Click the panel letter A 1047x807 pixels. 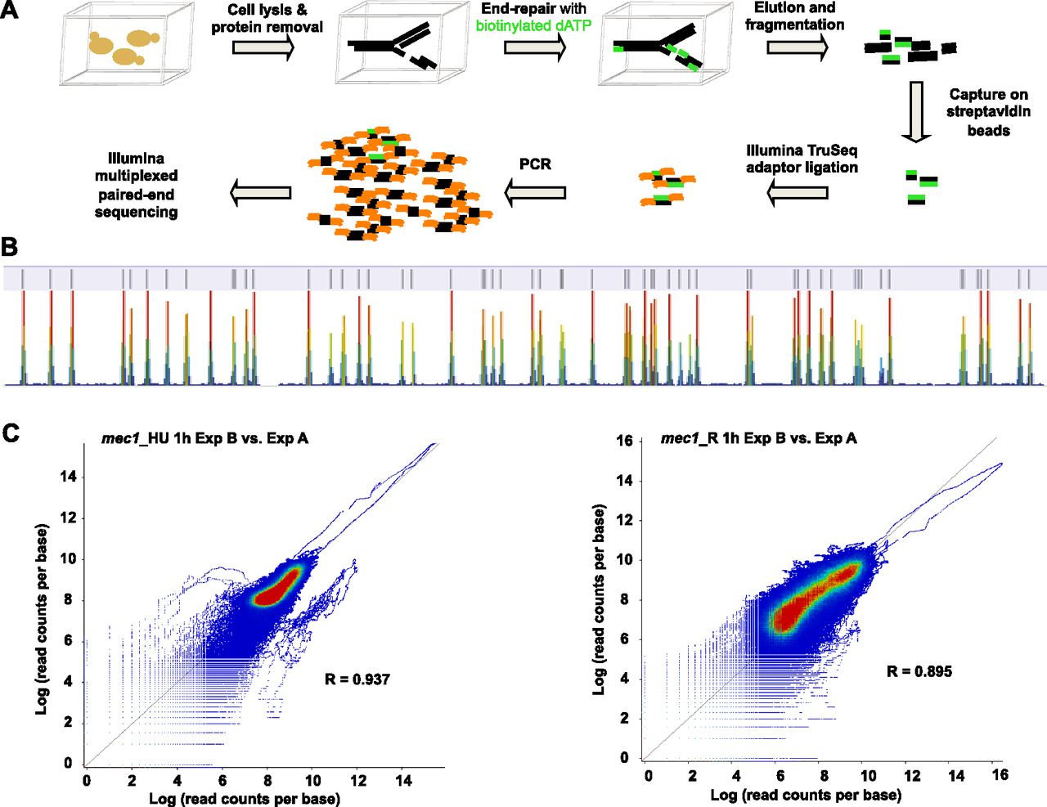[9, 10]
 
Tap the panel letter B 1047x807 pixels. [10, 247]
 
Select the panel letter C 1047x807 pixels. [11, 433]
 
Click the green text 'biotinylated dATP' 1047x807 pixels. [533, 25]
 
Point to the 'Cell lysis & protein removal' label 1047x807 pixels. [267, 19]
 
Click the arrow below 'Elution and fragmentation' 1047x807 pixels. [797, 47]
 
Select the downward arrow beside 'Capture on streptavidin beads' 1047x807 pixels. [915, 112]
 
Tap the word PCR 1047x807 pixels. [535, 164]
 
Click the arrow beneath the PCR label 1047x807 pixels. [535, 193]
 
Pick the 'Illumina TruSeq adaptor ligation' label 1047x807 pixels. [802, 159]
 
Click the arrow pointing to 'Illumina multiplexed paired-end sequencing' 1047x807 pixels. [261, 192]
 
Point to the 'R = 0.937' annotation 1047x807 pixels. [357, 679]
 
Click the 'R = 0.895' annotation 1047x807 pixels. [919, 671]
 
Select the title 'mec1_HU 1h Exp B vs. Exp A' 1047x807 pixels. [204, 438]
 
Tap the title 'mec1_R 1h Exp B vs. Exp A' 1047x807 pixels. [759, 438]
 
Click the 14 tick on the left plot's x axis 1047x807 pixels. [403, 780]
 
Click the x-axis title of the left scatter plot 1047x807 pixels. [245, 799]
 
